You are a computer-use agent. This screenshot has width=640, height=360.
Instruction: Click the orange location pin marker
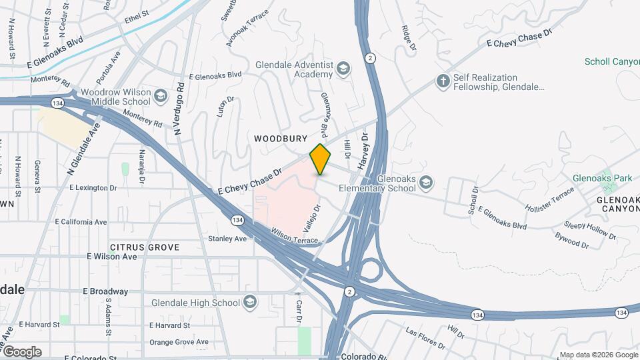321,159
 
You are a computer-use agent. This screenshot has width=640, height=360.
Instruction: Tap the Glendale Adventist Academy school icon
343,69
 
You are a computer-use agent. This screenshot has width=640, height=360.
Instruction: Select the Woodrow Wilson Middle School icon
160,97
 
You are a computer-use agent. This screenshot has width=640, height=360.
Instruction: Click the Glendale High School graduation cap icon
250,303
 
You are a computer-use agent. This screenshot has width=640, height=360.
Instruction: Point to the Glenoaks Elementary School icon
425,181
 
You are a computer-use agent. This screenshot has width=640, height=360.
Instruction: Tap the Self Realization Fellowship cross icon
441,82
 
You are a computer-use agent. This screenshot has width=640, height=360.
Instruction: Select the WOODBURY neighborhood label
281,139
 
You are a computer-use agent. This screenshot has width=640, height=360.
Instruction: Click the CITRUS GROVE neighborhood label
145,247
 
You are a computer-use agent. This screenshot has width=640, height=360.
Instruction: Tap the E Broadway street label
105,291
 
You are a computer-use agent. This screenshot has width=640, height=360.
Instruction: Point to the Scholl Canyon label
611,62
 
